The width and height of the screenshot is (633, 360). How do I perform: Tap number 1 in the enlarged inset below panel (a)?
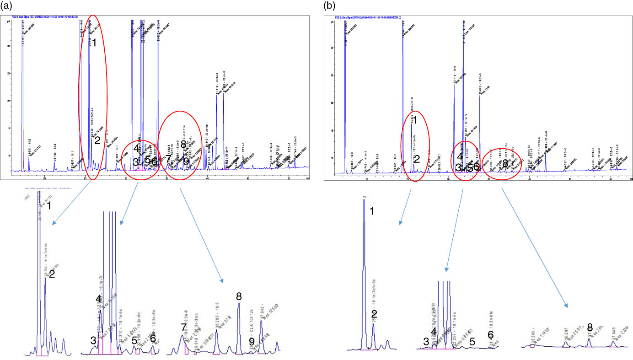pyautogui.click(x=49, y=206)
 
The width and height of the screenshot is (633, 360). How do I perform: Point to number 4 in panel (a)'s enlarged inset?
pyautogui.click(x=99, y=298)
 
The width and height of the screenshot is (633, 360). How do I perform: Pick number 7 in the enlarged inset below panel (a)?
pyautogui.click(x=183, y=327)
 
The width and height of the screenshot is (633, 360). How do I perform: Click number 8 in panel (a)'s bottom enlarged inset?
pyautogui.click(x=239, y=296)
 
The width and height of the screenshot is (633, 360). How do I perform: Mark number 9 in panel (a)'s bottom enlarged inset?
pyautogui.click(x=252, y=341)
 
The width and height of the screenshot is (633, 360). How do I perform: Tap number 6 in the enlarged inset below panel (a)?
pyautogui.click(x=153, y=338)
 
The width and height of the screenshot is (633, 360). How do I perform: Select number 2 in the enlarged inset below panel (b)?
pyautogui.click(x=374, y=314)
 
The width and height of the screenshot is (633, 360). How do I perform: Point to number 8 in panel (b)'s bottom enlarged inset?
pyautogui.click(x=590, y=327)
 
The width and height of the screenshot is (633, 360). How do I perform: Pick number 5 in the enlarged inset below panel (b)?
pyautogui.click(x=472, y=341)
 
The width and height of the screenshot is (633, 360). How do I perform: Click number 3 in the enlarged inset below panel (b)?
pyautogui.click(x=426, y=341)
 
